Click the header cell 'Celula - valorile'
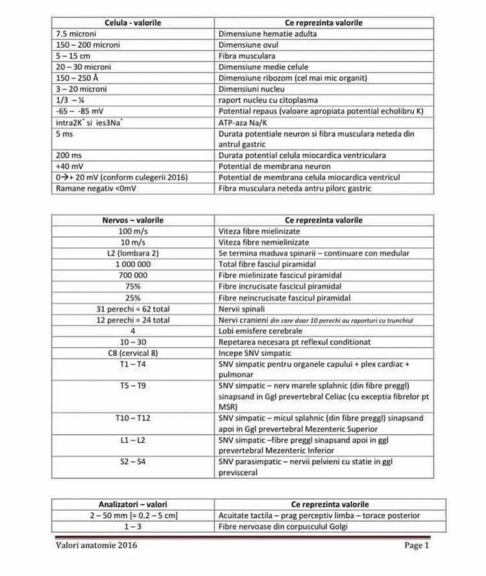point(133,23)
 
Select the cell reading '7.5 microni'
point(76,34)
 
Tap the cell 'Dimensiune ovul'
point(248,45)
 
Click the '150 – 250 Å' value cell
point(77,78)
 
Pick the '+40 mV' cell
point(70,166)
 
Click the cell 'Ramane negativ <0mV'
point(96,188)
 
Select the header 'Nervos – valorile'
point(133,220)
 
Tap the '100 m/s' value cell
point(133,231)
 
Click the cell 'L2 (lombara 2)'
point(133,253)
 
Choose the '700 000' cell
point(133,275)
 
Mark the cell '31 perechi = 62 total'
point(133,309)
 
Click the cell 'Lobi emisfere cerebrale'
point(254,331)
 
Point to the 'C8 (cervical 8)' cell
point(133,353)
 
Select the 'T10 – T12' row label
point(133,418)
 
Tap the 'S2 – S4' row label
point(133,462)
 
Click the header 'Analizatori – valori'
point(133,504)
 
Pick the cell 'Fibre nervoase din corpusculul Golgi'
point(283,526)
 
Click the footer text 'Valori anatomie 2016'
point(96,545)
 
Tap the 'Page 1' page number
point(416,545)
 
